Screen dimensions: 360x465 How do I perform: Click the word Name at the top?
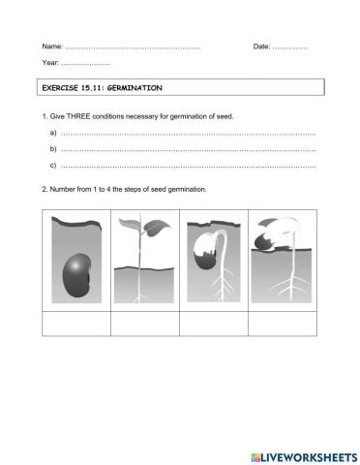[x=52, y=46]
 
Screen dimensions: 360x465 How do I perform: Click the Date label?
[x=262, y=46]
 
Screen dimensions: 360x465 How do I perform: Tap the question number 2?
[x=45, y=189]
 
